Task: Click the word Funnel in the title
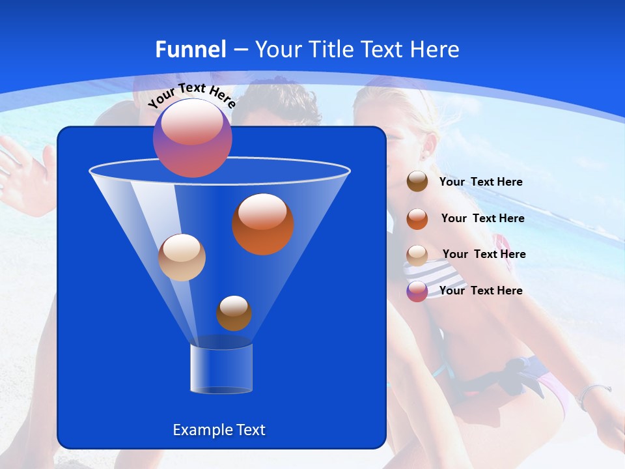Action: pos(190,50)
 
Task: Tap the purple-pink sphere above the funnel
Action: pos(193,138)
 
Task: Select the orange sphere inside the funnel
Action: pos(263,224)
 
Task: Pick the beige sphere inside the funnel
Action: pos(182,257)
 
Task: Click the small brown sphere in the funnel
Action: pos(234,313)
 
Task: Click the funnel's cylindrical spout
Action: pos(221,369)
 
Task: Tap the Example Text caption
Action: pos(219,430)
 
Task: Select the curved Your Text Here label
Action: pos(191,95)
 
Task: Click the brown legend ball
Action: pos(417,182)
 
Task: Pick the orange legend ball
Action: pos(417,219)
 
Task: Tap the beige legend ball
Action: pos(417,255)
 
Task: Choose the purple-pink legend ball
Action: pos(417,291)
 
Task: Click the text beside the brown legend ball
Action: pos(480,182)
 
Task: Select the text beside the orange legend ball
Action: pos(482,219)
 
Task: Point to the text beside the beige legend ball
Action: pos(484,255)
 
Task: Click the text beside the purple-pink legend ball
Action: pos(480,291)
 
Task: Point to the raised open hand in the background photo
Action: pos(23,169)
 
